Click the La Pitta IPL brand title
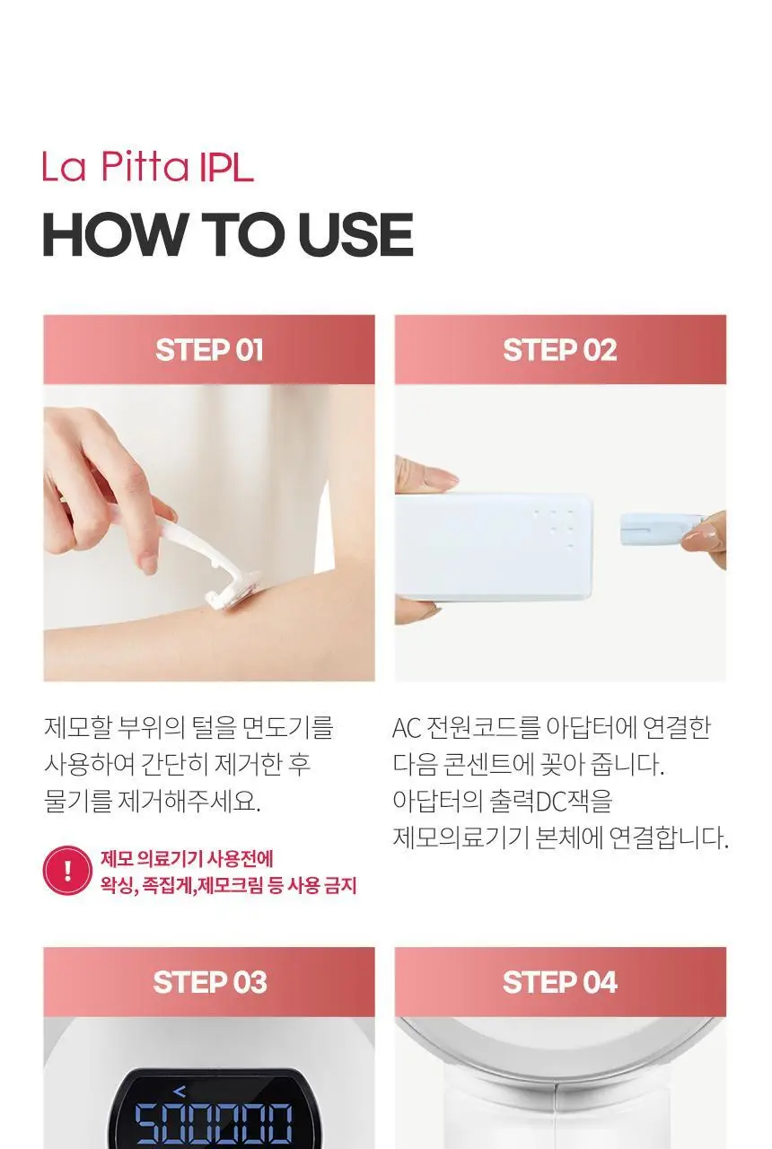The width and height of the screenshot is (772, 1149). click(x=148, y=167)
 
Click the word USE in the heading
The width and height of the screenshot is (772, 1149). click(x=355, y=234)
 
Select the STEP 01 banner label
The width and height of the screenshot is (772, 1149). click(x=209, y=350)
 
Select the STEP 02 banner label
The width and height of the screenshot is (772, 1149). click(x=560, y=350)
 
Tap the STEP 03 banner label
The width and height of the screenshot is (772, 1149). click(x=210, y=982)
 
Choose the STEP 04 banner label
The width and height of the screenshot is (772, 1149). click(x=559, y=982)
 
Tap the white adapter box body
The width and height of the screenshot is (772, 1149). click(x=494, y=547)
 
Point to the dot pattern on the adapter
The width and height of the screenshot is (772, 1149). click(x=555, y=529)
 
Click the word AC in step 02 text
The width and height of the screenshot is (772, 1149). click(x=407, y=728)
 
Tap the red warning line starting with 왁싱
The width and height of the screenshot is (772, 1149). click(x=228, y=886)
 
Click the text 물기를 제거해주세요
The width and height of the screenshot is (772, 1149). click(x=153, y=802)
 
